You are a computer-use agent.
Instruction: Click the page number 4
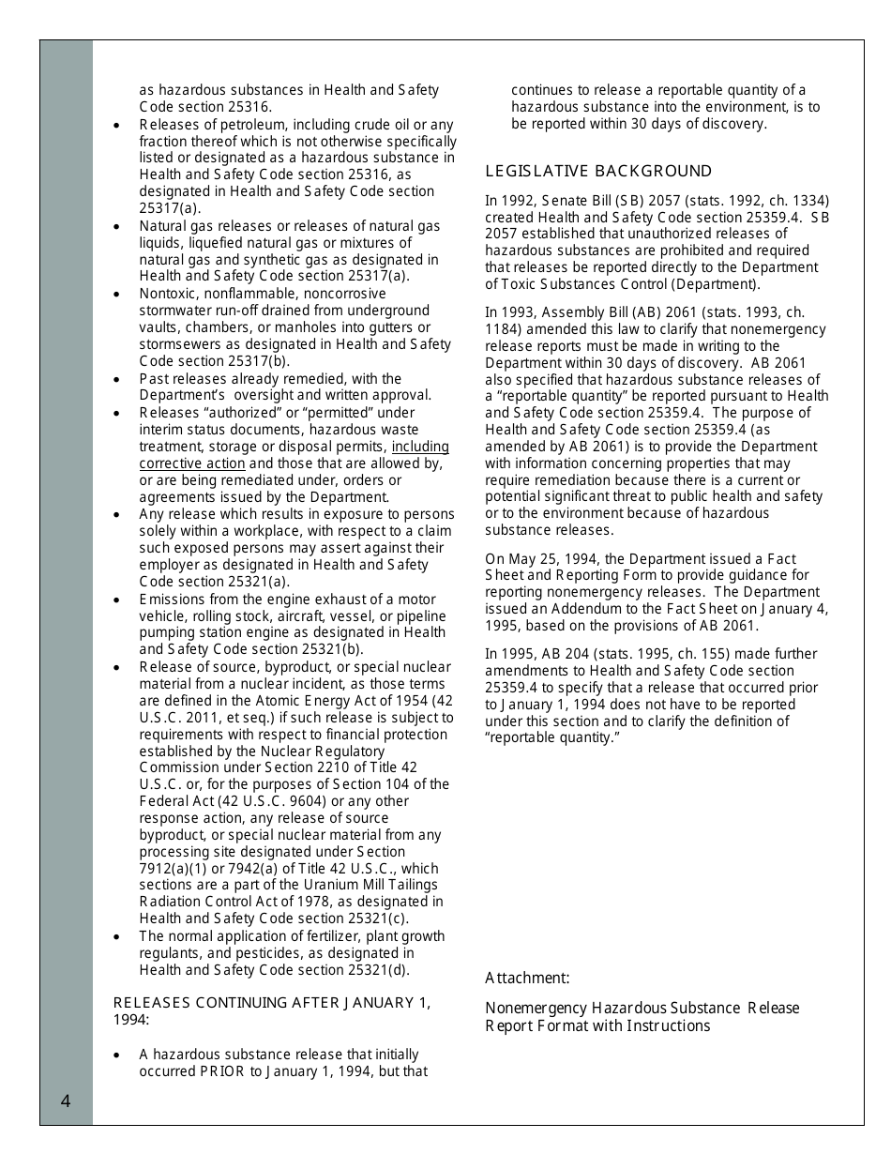pyautogui.click(x=66, y=1101)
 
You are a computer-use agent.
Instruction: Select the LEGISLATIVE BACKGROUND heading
pyautogui.click(x=598, y=171)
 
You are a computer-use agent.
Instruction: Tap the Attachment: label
pyautogui.click(x=527, y=978)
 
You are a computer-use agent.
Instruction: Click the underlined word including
pyautogui.click(x=420, y=447)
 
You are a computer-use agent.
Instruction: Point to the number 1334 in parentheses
pyautogui.click(x=808, y=200)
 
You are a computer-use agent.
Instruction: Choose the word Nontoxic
pyautogui.click(x=168, y=293)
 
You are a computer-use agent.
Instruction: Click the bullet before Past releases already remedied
pyautogui.click(x=116, y=380)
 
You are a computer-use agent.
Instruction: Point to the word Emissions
pyautogui.click(x=172, y=599)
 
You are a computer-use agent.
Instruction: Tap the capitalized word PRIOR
pyautogui.click(x=222, y=1071)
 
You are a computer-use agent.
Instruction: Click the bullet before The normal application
pyautogui.click(x=116, y=937)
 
